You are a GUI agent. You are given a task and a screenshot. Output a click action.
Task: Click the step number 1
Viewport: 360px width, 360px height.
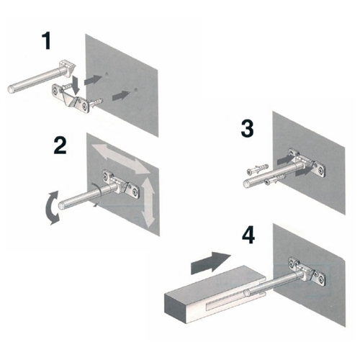(47, 41)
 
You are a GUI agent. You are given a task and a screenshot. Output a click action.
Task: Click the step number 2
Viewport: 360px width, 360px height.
(60, 146)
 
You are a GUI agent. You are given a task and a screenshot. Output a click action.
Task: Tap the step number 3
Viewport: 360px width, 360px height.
(247, 128)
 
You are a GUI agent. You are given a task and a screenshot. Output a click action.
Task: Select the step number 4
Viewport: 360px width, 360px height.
(248, 235)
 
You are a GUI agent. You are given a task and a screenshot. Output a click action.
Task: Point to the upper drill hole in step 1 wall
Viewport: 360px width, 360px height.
(106, 75)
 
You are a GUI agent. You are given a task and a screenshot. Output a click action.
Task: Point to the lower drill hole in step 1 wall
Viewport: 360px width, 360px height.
(136, 90)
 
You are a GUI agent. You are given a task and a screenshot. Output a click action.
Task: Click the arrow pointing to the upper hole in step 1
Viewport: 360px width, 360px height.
(93, 79)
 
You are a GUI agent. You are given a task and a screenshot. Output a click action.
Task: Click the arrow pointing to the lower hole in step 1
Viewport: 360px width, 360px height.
(122, 95)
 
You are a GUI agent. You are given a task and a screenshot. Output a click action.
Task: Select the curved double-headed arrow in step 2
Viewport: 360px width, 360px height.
(51, 208)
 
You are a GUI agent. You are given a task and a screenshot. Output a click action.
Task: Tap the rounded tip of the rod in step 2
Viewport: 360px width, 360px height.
(61, 206)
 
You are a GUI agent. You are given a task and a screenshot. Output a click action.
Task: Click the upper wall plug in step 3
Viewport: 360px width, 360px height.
(258, 168)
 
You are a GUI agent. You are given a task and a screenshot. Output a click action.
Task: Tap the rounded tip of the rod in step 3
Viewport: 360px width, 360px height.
(246, 184)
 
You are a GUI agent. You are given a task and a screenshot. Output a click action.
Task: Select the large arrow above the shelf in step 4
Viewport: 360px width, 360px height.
(211, 263)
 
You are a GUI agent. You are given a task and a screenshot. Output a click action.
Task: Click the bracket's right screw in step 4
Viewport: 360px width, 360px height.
(321, 279)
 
